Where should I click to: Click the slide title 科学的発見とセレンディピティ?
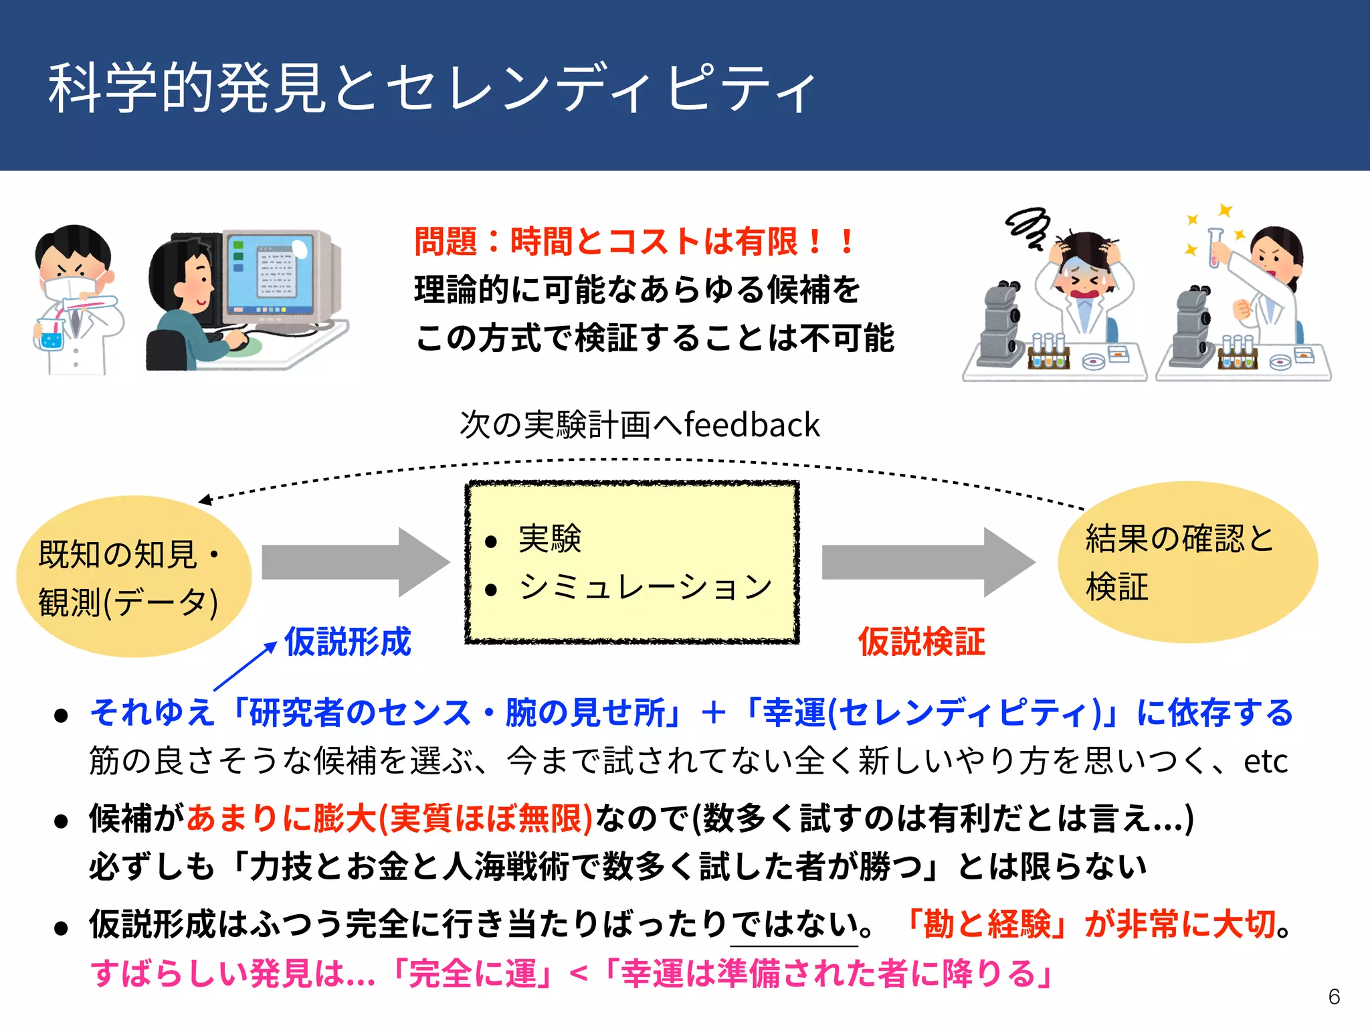click(431, 87)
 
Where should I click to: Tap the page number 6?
click(1334, 997)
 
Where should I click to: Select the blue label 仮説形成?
click(347, 641)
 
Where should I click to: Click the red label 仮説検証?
click(921, 641)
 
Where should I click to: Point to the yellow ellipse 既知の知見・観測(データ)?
click(134, 577)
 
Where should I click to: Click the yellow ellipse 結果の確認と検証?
click(1187, 562)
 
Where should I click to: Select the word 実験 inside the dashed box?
click(550, 539)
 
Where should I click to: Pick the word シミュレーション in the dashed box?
click(646, 587)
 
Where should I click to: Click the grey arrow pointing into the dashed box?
click(355, 562)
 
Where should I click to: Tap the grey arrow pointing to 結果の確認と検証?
click(926, 562)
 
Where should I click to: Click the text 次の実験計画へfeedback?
click(640, 425)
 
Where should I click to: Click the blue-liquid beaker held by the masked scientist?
click(51, 337)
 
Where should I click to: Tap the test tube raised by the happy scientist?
click(1215, 248)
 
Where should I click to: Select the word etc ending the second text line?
click(1265, 761)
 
